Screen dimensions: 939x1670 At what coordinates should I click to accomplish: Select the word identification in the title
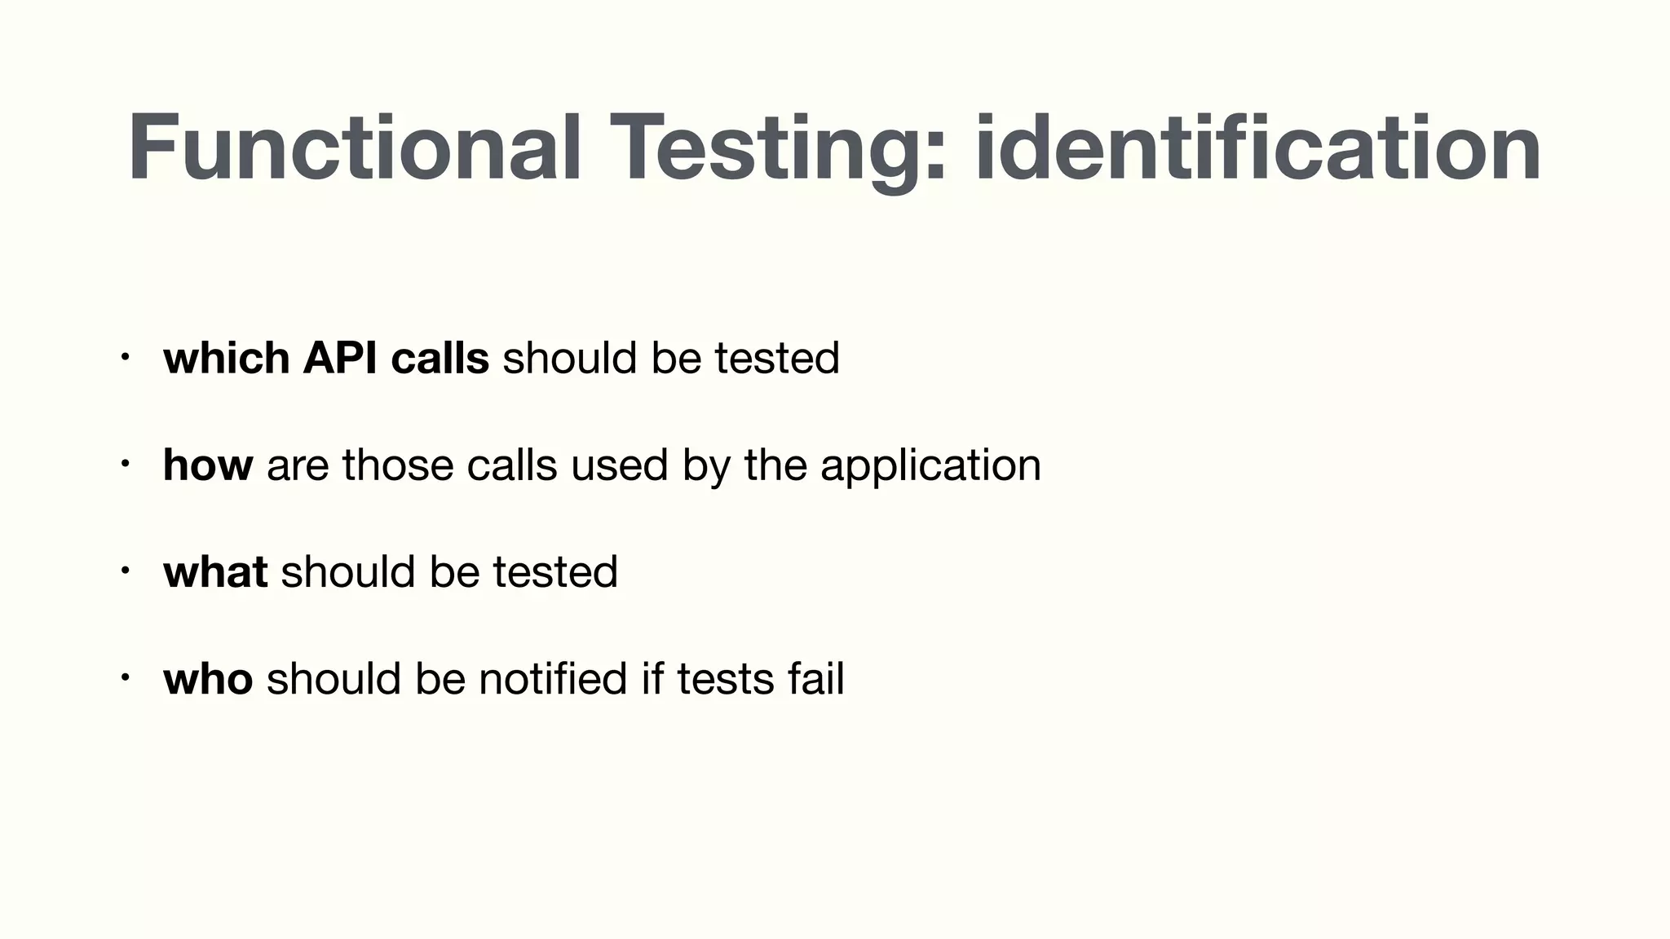point(1257,148)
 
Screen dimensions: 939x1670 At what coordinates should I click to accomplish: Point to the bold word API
point(340,358)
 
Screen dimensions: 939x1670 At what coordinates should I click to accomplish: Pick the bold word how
point(207,465)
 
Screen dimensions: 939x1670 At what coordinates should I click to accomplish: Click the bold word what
point(215,571)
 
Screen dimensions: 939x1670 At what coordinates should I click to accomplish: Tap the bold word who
point(208,678)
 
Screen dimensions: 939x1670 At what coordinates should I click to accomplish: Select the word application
point(930,466)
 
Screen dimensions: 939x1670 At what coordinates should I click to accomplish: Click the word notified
point(553,678)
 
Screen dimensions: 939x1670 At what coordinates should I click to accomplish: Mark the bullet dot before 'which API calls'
point(123,357)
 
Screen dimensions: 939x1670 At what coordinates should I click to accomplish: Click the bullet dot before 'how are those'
point(123,464)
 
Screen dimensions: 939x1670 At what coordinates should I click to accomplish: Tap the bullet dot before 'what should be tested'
point(123,571)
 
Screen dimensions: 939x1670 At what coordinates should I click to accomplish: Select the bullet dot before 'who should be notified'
point(123,677)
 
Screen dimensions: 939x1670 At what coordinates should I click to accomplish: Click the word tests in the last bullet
point(725,678)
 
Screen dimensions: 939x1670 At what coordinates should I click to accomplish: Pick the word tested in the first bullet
point(777,358)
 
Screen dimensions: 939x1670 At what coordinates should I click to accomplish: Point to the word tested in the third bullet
point(555,571)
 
